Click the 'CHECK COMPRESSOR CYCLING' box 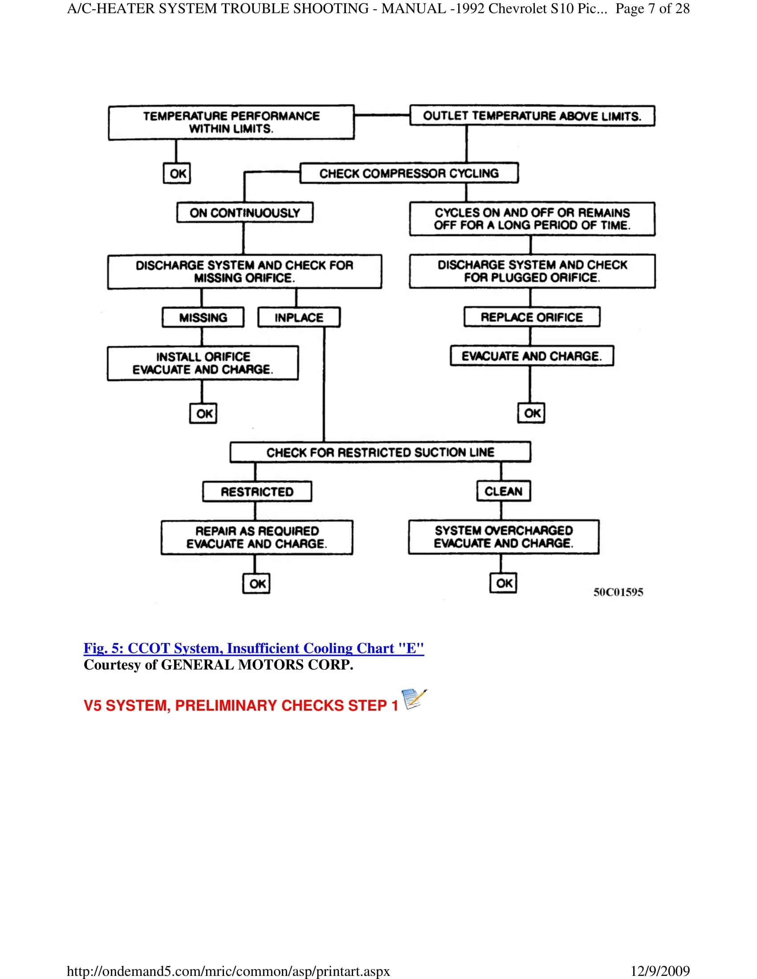(x=409, y=173)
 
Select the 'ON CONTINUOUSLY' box (x=245, y=212)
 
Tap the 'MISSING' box (x=203, y=317)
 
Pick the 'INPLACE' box (x=299, y=317)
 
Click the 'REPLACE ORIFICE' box (x=532, y=317)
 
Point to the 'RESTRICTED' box (x=257, y=492)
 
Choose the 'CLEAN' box (x=503, y=491)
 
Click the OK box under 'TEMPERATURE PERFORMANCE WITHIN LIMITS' (x=177, y=174)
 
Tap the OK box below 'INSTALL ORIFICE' (x=203, y=413)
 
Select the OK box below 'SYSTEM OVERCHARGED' (x=504, y=583)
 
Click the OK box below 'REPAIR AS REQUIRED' (x=256, y=584)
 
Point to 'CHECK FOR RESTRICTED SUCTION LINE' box (x=380, y=452)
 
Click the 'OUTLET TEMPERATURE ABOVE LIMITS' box (x=532, y=116)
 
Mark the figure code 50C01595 (x=618, y=592)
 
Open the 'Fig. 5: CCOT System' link (x=253, y=648)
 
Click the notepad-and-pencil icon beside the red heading (x=414, y=699)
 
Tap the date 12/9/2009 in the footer (x=660, y=971)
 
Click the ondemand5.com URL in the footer (x=228, y=971)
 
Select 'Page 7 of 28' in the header (x=652, y=8)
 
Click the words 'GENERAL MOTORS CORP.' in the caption (x=257, y=665)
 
